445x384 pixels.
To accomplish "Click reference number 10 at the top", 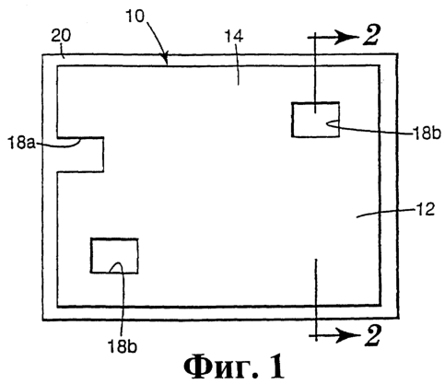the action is tap(135, 16).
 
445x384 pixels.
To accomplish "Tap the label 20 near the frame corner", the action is tap(61, 36).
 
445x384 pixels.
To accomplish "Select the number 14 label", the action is tap(234, 36).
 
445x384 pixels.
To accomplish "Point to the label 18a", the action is tap(21, 144).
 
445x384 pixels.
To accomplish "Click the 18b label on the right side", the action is tap(427, 134).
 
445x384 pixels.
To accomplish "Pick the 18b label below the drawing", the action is tap(122, 346).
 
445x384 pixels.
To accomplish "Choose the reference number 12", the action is tap(426, 209).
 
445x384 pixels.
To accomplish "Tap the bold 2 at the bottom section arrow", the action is tap(372, 335).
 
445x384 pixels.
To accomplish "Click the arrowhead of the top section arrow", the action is tap(347, 37).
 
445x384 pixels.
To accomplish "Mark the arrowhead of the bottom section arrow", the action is tap(348, 336).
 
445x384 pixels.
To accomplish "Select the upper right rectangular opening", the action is tap(315, 120).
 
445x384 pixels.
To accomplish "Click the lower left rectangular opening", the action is tap(114, 255).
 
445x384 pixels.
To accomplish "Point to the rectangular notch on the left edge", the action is tap(80, 155).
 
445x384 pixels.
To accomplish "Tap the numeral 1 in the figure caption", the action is tap(277, 367).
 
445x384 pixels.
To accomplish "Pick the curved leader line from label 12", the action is tap(385, 213).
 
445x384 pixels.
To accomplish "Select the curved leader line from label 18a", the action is tap(58, 145).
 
